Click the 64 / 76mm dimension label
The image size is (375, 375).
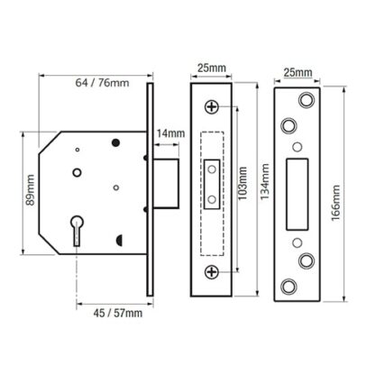tap(102, 83)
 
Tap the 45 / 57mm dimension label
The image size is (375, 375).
tap(118, 313)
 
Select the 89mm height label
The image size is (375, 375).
tap(30, 190)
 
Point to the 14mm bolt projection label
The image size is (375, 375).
tap(170, 133)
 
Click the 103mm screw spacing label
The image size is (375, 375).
tap(242, 183)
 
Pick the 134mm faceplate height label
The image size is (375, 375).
tap(265, 182)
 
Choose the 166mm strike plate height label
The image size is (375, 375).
tap(335, 203)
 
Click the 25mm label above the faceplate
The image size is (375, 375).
tap(212, 68)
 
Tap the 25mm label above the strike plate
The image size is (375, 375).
tap(298, 72)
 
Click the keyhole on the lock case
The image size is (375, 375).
tap(78, 231)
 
